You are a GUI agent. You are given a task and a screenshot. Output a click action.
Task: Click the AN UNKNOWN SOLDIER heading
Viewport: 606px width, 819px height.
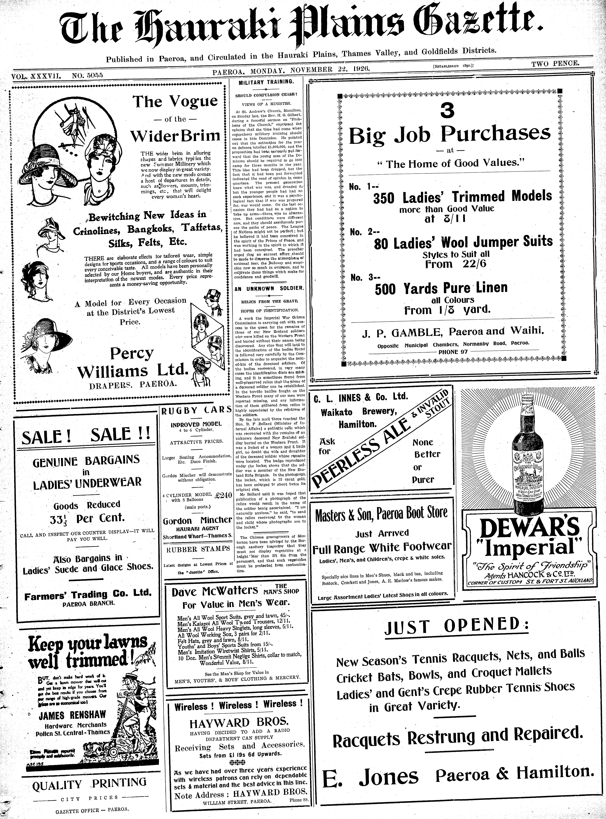(269, 288)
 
